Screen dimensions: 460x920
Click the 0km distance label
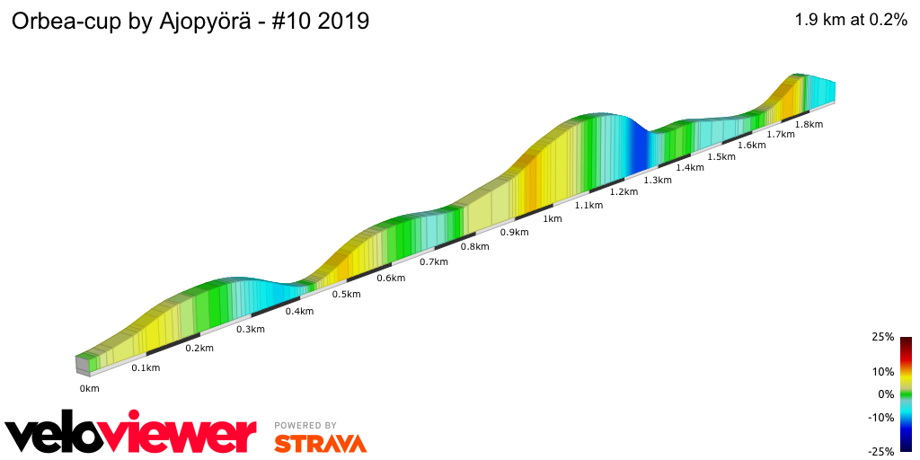pyautogui.click(x=89, y=388)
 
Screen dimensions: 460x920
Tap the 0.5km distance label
pyautogui.click(x=346, y=295)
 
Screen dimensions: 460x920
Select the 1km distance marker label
pyautogui.click(x=552, y=218)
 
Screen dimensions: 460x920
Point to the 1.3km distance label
pyautogui.click(x=658, y=180)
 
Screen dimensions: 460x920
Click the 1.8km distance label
pyautogui.click(x=809, y=124)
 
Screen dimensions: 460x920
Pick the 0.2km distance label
pyautogui.click(x=199, y=348)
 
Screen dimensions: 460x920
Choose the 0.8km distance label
pyautogui.click(x=474, y=246)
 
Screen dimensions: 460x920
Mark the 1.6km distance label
pyautogui.click(x=751, y=145)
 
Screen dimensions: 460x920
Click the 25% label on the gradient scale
pyautogui.click(x=882, y=337)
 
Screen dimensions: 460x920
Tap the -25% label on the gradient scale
pyautogui.click(x=880, y=452)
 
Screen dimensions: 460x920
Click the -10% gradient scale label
pyautogui.click(x=880, y=417)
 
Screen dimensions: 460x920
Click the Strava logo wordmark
pyautogui.click(x=320, y=443)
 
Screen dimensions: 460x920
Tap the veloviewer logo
pyautogui.click(x=130, y=434)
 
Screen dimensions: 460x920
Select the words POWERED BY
pyautogui.click(x=305, y=425)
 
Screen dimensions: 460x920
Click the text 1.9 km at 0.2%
pyautogui.click(x=850, y=21)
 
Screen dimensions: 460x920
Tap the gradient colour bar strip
pyautogui.click(x=906, y=394)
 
